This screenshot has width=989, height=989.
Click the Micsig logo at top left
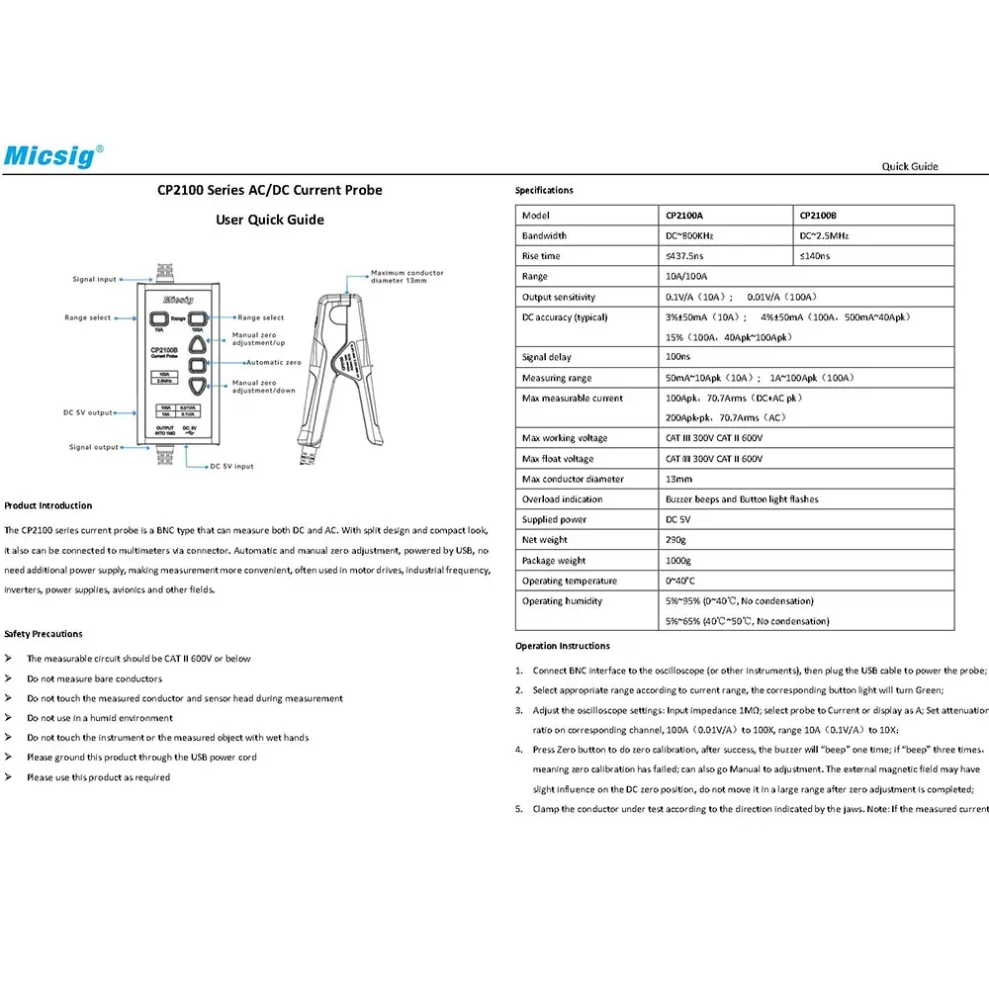click(53, 156)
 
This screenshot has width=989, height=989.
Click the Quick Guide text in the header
click(910, 166)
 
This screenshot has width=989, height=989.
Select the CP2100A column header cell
click(725, 215)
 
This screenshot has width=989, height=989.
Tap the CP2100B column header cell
click(873, 215)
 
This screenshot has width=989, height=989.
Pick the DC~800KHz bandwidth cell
click(725, 235)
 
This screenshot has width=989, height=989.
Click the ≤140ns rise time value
click(814, 256)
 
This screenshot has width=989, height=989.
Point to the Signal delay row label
click(546, 357)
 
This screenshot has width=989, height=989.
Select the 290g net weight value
click(675, 540)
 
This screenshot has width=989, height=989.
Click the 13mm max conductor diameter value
click(678, 479)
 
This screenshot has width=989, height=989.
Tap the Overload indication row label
click(562, 498)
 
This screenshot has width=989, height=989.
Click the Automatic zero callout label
click(274, 362)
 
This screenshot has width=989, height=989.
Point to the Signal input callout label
click(95, 279)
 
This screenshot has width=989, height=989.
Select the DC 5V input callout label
click(232, 466)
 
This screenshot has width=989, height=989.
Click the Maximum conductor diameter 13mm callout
click(406, 276)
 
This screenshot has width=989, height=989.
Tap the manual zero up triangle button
click(198, 344)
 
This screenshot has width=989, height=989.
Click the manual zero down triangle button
click(198, 386)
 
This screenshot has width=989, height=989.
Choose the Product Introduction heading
click(47, 505)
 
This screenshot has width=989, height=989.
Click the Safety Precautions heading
click(43, 634)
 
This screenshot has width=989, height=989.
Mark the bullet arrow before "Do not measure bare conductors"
click(8, 678)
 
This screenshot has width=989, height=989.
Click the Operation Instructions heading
click(563, 646)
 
